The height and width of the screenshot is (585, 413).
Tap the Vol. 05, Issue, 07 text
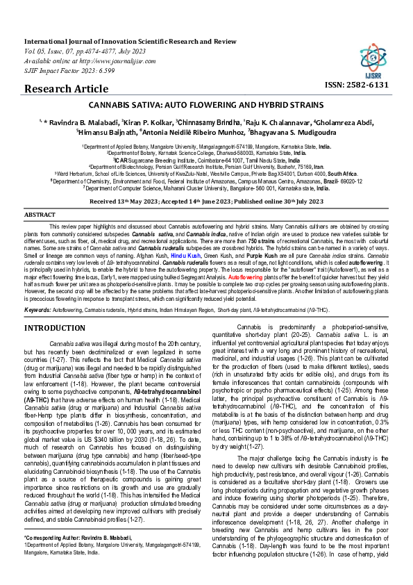(x=53, y=50)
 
